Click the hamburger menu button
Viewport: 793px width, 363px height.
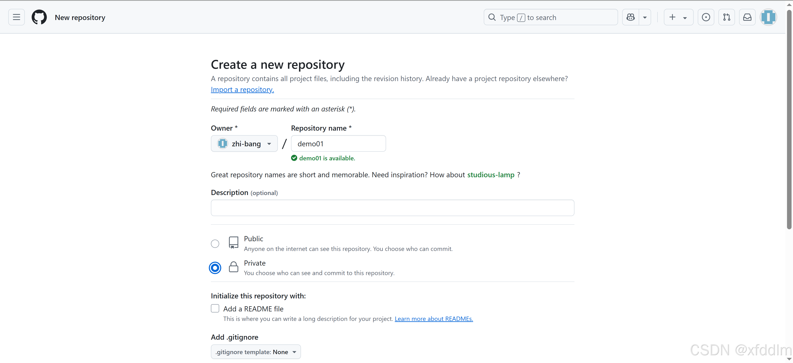click(x=16, y=17)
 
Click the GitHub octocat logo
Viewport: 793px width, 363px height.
click(x=39, y=17)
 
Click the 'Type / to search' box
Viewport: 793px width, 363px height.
click(x=550, y=17)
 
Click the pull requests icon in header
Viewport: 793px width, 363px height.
click(x=726, y=17)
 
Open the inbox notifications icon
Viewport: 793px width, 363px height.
click(x=747, y=17)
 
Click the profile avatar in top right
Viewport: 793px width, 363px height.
click(x=768, y=17)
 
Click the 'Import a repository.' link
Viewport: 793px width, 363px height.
click(x=242, y=90)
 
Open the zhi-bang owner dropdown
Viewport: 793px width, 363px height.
click(x=244, y=144)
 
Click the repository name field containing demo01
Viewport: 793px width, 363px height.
click(x=338, y=144)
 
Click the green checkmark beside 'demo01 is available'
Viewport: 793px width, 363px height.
click(x=294, y=158)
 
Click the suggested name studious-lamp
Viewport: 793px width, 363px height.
click(x=491, y=175)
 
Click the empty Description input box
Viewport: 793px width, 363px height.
click(x=392, y=208)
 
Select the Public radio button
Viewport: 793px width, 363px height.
click(x=215, y=244)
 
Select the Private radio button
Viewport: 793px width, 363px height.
click(x=215, y=268)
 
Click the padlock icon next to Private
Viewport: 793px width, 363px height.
click(x=234, y=267)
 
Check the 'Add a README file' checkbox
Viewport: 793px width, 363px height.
click(x=215, y=308)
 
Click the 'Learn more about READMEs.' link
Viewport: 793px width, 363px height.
click(x=434, y=319)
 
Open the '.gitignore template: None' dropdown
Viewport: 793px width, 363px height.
click(x=256, y=352)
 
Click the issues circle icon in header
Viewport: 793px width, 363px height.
click(x=706, y=17)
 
